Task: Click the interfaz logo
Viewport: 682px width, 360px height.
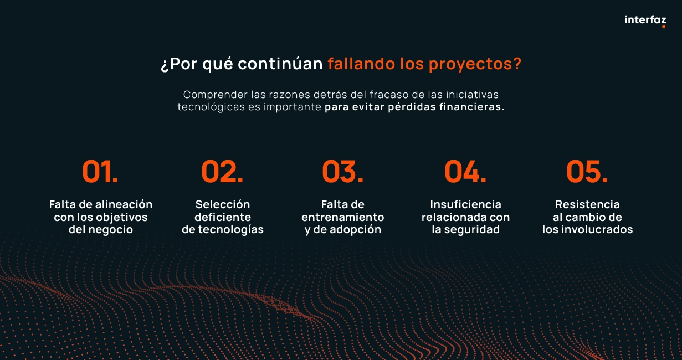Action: (645, 20)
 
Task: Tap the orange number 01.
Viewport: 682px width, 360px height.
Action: (100, 172)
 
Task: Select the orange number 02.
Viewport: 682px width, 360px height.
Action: (222, 172)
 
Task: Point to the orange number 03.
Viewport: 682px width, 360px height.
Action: (343, 172)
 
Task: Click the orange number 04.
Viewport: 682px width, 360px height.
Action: (465, 172)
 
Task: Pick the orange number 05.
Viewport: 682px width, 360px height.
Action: (587, 172)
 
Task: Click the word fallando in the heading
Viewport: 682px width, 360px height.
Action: (361, 64)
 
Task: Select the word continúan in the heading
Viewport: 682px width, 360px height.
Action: (280, 64)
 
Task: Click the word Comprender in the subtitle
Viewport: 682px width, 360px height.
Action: (216, 95)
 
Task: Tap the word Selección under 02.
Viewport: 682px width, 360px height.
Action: (223, 204)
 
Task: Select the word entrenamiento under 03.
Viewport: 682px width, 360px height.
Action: (343, 217)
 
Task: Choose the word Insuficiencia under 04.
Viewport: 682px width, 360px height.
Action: (465, 204)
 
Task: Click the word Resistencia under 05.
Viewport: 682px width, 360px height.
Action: (587, 204)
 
